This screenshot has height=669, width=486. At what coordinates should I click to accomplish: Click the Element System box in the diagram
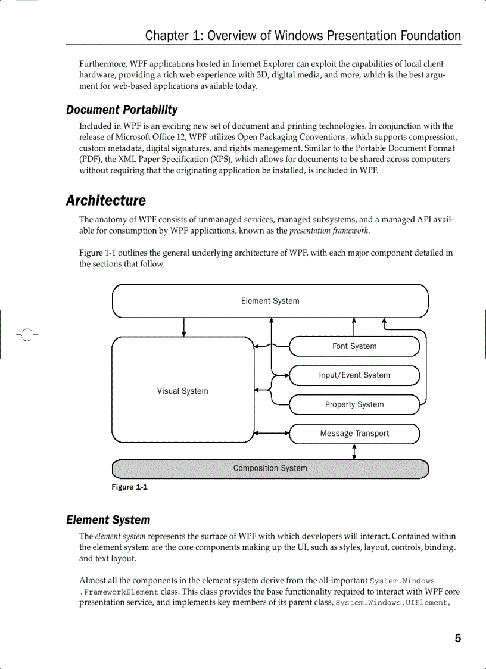[270, 301]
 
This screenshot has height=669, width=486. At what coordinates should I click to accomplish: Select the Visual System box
[183, 391]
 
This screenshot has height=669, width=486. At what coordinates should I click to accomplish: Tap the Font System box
[354, 346]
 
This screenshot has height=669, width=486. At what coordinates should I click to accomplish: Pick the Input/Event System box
[354, 375]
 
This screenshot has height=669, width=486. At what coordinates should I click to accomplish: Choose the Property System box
[354, 404]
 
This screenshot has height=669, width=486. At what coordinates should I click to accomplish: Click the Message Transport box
[354, 434]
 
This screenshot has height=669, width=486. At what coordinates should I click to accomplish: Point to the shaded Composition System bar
[270, 468]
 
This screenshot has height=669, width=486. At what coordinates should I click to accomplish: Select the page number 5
[457, 639]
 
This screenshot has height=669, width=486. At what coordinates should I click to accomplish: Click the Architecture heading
[105, 201]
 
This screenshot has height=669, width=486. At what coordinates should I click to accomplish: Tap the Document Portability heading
[121, 110]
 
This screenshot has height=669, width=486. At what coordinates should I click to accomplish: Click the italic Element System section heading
[108, 520]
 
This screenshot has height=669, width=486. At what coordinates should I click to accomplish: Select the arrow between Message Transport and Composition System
[354, 452]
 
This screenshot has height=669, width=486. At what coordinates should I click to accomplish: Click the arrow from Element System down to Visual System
[183, 327]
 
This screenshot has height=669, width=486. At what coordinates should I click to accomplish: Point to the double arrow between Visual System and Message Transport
[272, 433]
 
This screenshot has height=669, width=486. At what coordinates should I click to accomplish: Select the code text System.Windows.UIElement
[391, 603]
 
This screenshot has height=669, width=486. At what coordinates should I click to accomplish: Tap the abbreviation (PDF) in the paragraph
[89, 159]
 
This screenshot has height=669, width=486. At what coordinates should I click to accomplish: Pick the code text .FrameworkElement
[119, 592]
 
